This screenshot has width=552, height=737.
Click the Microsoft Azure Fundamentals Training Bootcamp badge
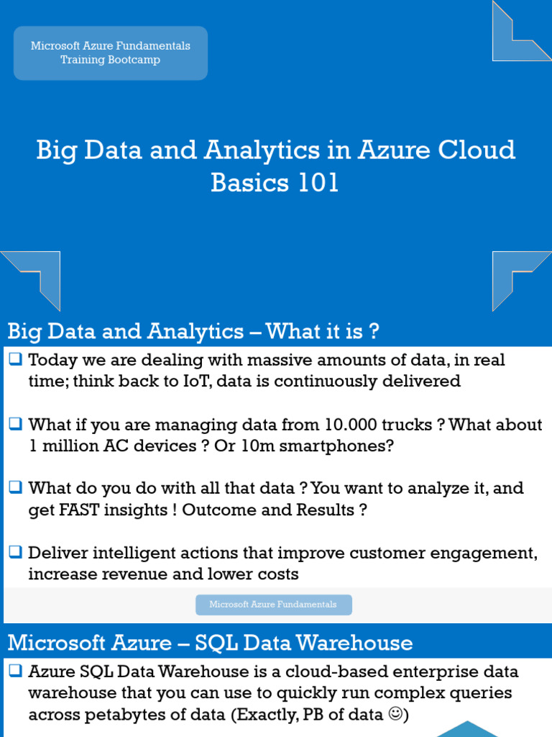point(111,53)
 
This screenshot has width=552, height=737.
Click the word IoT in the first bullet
point(192,381)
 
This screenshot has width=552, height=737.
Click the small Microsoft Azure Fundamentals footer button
point(273,605)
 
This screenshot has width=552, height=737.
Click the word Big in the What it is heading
point(22,332)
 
